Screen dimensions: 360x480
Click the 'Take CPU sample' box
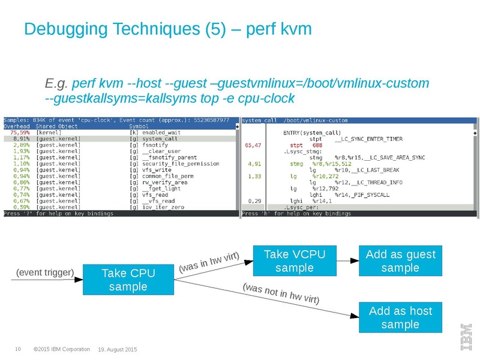[128, 280]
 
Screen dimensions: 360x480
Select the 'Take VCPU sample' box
[295, 261]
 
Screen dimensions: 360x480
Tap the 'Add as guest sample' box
[400, 261]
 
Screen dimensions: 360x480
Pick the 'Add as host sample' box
[400, 317]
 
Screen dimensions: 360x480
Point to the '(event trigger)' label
[45, 273]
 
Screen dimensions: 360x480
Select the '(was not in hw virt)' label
[280, 292]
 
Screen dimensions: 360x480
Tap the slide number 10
[18, 349]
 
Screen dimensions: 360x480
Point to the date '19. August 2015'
[118, 349]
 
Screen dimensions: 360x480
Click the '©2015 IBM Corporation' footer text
[62, 349]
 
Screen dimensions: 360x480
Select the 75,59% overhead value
[20, 133]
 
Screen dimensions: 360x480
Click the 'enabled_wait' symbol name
[161, 133]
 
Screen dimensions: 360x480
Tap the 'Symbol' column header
[139, 127]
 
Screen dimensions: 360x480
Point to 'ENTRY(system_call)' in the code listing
[312, 133]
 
